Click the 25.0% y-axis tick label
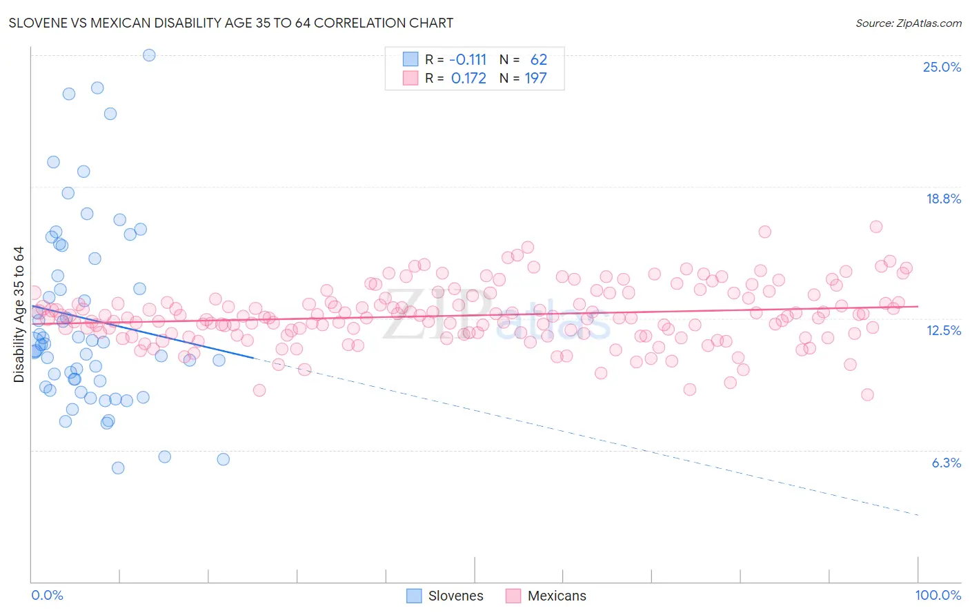(942, 67)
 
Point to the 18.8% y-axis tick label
(943, 199)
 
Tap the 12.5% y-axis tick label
(943, 330)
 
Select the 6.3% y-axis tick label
(946, 463)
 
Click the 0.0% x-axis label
(47, 595)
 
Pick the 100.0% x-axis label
(938, 595)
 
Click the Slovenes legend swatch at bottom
(414, 596)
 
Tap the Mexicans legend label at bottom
(556, 596)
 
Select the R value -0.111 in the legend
(468, 60)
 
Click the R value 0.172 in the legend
(468, 79)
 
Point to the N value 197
(535, 79)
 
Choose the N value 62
(538, 60)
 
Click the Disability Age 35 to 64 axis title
(19, 314)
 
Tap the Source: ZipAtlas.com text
(908, 23)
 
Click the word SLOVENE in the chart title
(39, 23)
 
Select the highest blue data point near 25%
(149, 55)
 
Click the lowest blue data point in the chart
(118, 468)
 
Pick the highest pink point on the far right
(876, 227)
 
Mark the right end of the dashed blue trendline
(918, 515)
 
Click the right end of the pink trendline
(918, 306)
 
